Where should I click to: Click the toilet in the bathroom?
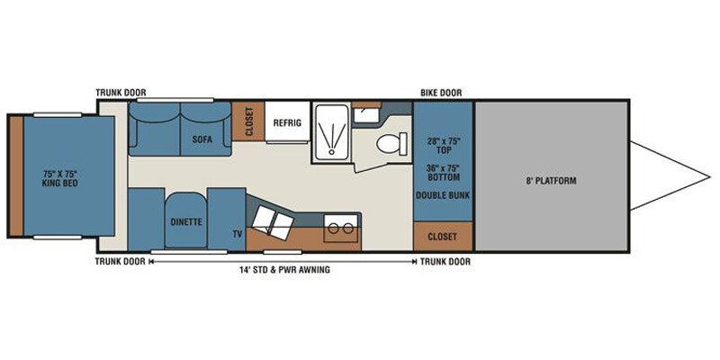click(x=391, y=144)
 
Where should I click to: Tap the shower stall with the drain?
click(x=330, y=132)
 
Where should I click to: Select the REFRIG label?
click(x=287, y=123)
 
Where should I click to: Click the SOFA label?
click(x=202, y=139)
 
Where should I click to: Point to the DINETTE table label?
click(x=186, y=221)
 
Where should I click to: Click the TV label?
click(x=237, y=234)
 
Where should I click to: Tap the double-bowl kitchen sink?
click(x=341, y=228)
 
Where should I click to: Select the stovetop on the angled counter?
click(x=273, y=221)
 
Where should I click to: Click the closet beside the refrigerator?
click(x=248, y=121)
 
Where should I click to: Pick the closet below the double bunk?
click(x=443, y=237)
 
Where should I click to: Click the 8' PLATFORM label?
click(x=551, y=181)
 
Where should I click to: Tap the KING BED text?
click(x=59, y=184)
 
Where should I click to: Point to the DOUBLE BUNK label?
click(x=443, y=195)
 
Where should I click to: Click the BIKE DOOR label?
click(x=441, y=93)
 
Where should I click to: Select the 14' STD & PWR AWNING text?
click(x=284, y=270)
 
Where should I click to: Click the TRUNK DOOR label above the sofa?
click(x=121, y=93)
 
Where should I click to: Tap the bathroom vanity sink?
click(x=366, y=114)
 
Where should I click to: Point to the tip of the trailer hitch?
click(x=710, y=176)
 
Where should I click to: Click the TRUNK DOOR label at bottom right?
click(x=445, y=262)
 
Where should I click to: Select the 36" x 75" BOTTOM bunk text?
click(x=443, y=172)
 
